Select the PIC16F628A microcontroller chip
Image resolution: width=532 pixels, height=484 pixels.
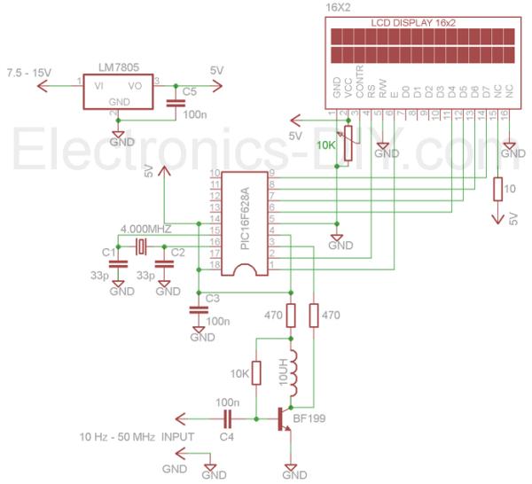[x=245, y=222]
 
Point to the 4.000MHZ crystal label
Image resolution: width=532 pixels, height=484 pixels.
[x=145, y=229]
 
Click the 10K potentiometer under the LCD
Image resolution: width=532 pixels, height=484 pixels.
[x=348, y=137]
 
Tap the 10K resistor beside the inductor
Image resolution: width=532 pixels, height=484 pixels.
[x=257, y=372]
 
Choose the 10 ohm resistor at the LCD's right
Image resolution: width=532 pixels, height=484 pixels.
[x=500, y=189]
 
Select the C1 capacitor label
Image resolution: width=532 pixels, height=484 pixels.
[x=108, y=253]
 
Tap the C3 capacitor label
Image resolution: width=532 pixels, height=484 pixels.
[x=212, y=298]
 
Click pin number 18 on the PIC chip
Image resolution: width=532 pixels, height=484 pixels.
[x=214, y=265]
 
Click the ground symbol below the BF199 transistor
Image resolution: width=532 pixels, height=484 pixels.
[x=289, y=469]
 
